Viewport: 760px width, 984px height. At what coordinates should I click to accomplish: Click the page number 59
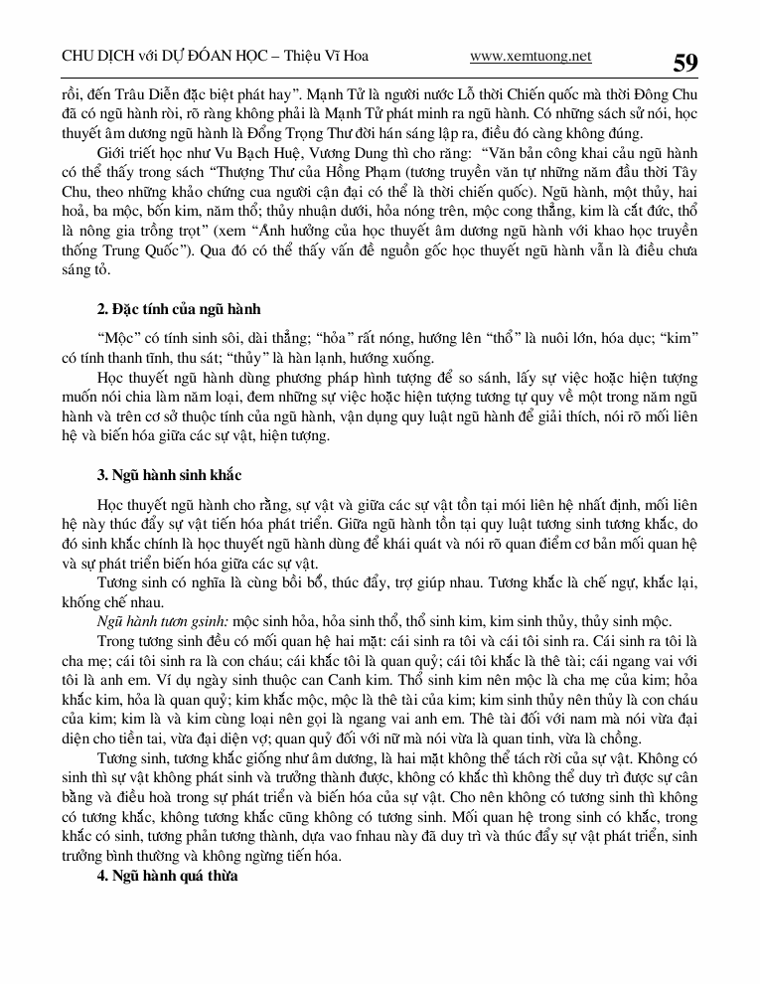(x=685, y=63)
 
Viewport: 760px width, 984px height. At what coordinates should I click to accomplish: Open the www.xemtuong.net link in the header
(x=530, y=57)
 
